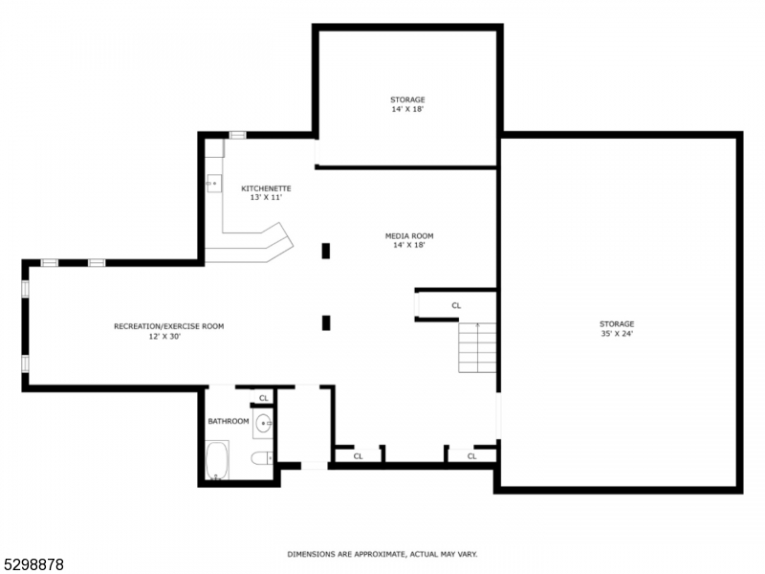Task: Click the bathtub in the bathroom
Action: pos(217,460)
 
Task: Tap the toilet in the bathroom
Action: pos(260,459)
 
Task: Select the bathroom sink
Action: pos(263,422)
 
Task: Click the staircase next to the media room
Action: pos(477,348)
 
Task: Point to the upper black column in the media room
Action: pos(326,251)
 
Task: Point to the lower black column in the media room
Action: pos(326,322)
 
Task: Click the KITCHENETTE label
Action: pos(266,188)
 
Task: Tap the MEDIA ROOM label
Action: pos(409,235)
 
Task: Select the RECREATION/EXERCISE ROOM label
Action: pos(168,326)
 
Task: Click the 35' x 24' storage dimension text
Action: pos(617,334)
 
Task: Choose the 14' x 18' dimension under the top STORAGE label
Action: pos(407,109)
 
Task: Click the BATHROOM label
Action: pos(229,421)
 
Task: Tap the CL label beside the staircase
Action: pos(456,305)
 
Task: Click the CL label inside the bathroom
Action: pos(264,397)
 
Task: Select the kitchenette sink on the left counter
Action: pos(212,182)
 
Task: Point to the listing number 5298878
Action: pos(33,564)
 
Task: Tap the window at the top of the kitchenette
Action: pos(238,135)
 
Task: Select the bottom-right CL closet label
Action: pos(472,456)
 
